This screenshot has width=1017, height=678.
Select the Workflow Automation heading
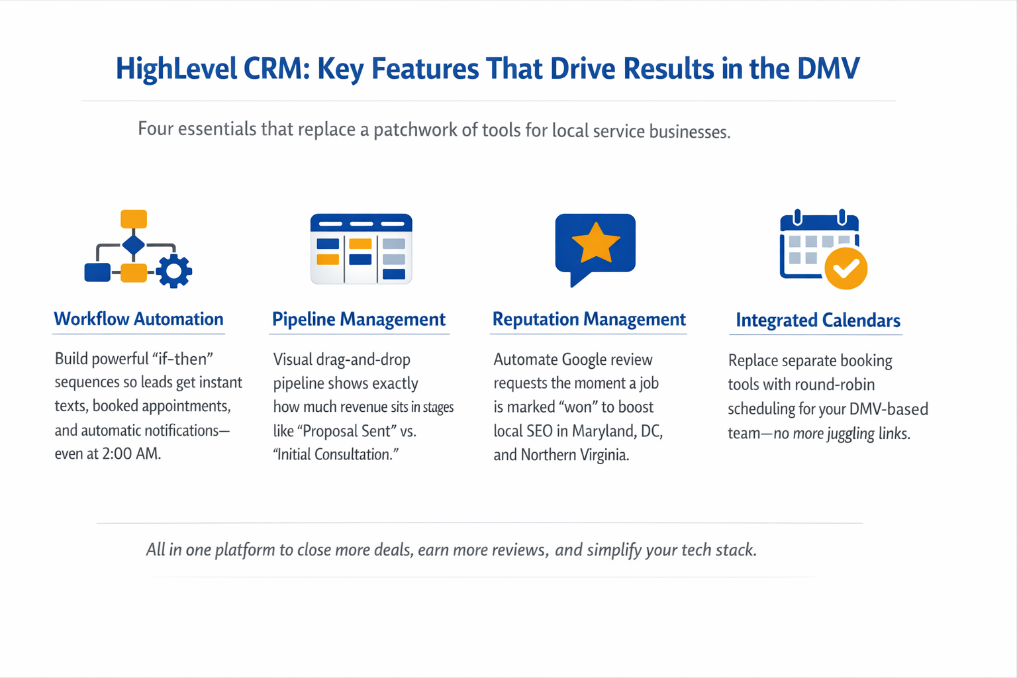138,319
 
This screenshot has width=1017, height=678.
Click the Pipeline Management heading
358,319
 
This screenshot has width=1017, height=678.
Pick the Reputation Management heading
589,319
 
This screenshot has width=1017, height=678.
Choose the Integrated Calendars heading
818,320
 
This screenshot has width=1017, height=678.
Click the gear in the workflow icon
174,270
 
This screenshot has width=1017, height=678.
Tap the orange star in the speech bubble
595,242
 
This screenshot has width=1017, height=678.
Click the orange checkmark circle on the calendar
846,268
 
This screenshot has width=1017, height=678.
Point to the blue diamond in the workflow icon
134,244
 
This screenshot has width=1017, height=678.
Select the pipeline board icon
361,249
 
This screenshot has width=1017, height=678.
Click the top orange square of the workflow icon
134,218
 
